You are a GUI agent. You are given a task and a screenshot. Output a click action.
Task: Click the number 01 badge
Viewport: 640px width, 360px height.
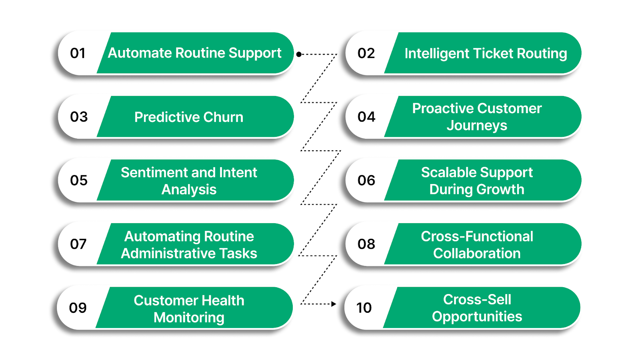coord(78,53)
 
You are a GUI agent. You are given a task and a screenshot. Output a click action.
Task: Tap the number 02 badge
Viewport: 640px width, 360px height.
coord(366,53)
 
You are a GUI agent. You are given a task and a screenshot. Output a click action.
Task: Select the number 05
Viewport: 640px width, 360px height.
coord(79,180)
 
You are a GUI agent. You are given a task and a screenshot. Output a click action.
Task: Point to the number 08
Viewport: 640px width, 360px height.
coord(366,244)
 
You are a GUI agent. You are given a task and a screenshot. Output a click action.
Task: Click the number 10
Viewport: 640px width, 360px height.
coord(364,308)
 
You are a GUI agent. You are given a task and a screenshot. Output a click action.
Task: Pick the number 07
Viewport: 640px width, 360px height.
coord(78,244)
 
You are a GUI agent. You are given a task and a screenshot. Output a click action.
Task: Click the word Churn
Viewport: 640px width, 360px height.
coord(223,117)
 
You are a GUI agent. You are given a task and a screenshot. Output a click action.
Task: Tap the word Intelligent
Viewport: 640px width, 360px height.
coord(436,54)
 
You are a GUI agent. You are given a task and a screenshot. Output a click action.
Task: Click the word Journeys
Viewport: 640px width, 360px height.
coord(477,126)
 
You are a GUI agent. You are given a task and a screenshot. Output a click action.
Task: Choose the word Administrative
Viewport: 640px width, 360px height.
coord(166,254)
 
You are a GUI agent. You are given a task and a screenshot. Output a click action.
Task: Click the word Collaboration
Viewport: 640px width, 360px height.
coord(477,254)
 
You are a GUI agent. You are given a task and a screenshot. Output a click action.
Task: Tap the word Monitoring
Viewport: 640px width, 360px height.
coord(189,318)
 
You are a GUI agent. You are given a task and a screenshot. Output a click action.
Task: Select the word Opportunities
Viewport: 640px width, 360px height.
coord(477,317)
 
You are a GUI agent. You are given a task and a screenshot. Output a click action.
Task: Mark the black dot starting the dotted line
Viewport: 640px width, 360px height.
coord(299,54)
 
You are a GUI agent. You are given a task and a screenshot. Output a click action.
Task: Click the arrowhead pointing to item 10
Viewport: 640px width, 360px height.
coord(334,304)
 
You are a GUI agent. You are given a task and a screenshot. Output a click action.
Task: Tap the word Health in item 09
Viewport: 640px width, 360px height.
coord(222,300)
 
